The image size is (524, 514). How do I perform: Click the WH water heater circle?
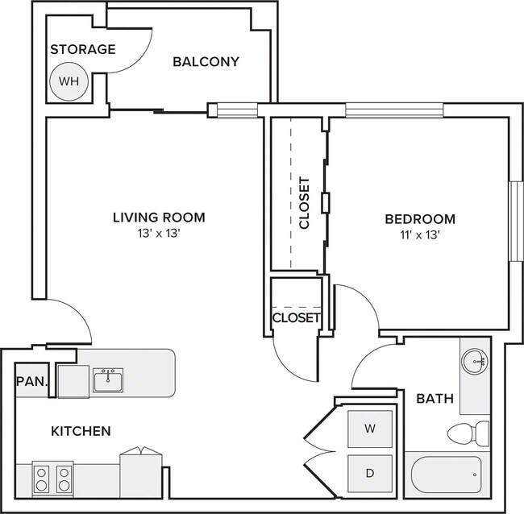69,81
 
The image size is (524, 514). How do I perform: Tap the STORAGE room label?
83,49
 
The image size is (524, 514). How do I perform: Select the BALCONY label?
206,62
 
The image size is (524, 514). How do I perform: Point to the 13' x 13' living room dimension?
159,233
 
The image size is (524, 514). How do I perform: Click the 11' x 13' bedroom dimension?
420,235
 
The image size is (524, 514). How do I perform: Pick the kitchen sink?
108,380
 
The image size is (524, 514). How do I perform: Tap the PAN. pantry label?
32,381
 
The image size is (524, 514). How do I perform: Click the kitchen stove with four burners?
52,479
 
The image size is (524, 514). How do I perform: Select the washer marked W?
370,429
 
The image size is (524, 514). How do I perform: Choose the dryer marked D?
370,473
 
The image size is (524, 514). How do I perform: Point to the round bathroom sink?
475,362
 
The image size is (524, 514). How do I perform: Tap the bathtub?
447,475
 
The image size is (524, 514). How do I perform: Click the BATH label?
435,399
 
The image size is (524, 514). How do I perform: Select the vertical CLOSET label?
305,203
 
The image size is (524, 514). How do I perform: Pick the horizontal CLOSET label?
296,318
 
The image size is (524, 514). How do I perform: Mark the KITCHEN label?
81,431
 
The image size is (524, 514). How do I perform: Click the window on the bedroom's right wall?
515,221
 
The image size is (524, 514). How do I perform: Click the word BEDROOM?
420,219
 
